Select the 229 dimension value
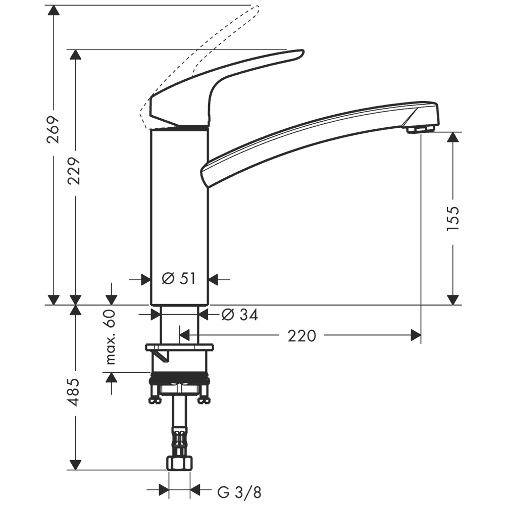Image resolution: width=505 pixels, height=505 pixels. (74, 171)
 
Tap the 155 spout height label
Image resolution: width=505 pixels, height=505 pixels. (452, 218)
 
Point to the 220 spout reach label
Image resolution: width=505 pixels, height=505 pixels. (302, 336)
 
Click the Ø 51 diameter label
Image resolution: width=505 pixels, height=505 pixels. (179, 279)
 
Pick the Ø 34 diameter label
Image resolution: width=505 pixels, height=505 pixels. (240, 315)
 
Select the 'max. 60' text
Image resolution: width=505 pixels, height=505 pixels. (111, 336)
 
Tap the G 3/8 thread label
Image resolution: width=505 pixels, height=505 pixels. (239, 492)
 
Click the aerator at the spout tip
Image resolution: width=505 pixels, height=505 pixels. (421, 129)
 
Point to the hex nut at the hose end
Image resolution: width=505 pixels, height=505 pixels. (179, 463)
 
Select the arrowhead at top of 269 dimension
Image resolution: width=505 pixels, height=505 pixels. (54, 10)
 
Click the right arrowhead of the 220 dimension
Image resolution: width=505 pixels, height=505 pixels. (416, 335)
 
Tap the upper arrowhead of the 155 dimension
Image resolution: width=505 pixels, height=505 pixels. (453, 137)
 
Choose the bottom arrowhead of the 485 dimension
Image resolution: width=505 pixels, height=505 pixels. (75, 465)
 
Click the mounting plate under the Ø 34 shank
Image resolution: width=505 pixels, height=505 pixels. (179, 347)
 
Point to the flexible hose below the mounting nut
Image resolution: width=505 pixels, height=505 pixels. (179, 425)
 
